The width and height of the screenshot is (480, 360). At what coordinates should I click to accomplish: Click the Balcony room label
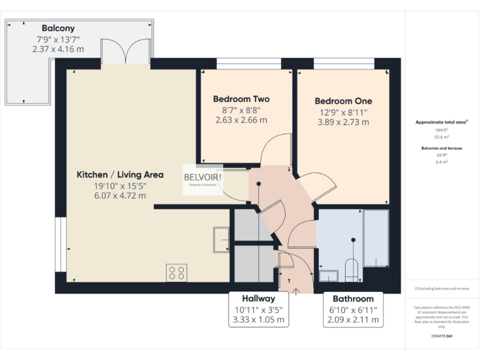pyautogui.click(x=58, y=28)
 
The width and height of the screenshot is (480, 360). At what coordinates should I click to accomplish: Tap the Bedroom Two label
pyautogui.click(x=241, y=99)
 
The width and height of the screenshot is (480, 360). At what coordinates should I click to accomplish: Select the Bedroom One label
pyautogui.click(x=342, y=101)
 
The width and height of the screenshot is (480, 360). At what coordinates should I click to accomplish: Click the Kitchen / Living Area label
pyautogui.click(x=120, y=174)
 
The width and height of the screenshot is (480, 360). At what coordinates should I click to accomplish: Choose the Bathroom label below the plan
pyautogui.click(x=353, y=299)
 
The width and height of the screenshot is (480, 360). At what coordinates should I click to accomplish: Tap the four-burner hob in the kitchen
pyautogui.click(x=176, y=272)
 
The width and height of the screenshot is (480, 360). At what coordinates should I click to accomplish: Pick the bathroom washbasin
pyautogui.click(x=329, y=275)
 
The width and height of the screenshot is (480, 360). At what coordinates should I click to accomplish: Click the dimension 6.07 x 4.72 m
pyautogui.click(x=120, y=195)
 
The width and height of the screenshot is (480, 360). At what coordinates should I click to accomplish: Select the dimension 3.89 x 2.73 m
pyautogui.click(x=342, y=122)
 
